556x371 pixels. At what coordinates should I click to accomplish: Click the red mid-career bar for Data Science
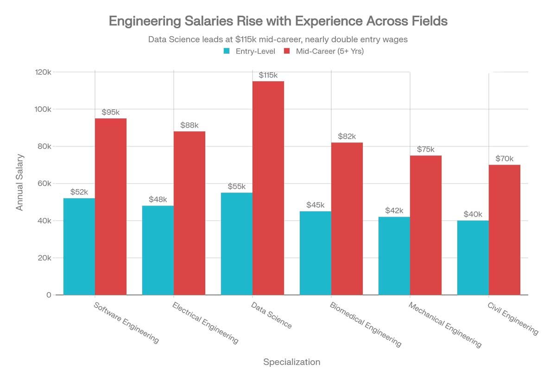(268, 188)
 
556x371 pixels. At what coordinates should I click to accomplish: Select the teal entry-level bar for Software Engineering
(79, 246)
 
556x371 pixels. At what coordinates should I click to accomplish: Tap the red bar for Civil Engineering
(505, 230)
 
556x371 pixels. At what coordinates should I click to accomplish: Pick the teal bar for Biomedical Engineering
(315, 253)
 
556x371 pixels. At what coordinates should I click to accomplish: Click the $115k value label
(268, 75)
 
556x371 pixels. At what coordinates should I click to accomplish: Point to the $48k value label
(158, 199)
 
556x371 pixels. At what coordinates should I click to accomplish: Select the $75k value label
(425, 149)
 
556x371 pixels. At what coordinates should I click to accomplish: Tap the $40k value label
(473, 214)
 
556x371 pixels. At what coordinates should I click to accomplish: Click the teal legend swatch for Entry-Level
(227, 51)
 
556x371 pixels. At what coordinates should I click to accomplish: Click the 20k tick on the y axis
(44, 258)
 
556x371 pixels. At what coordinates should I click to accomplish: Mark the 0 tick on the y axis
(48, 295)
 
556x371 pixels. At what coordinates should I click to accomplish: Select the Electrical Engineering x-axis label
(205, 323)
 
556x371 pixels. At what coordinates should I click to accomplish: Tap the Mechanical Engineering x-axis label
(445, 325)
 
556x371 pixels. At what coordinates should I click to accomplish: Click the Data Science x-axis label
(271, 315)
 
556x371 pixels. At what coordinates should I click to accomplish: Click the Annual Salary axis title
(19, 183)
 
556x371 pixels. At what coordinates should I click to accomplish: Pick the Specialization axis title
(291, 362)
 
